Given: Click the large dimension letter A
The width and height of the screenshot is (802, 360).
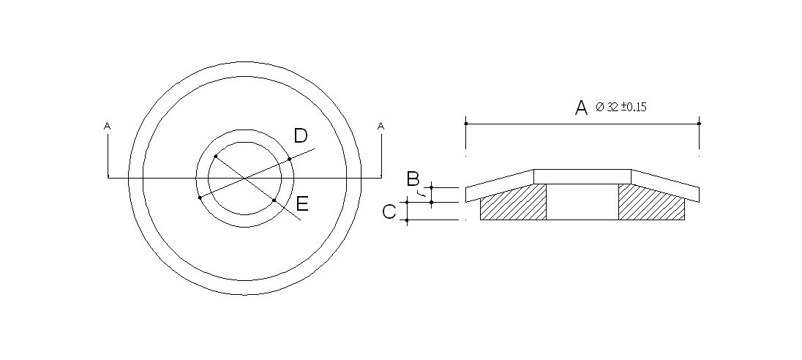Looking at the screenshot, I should [581, 108].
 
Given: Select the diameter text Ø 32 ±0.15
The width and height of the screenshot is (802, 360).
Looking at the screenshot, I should [621, 107].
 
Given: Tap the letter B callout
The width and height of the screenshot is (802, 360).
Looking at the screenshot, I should [413, 178].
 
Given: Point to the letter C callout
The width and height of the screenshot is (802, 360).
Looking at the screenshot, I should [390, 211].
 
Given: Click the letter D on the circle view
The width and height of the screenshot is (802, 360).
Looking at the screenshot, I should [300, 135].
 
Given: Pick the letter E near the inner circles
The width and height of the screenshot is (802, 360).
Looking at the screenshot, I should [302, 204].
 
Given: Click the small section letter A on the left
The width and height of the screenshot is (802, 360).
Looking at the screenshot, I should [108, 127].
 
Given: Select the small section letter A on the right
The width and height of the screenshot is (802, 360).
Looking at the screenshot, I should [381, 127].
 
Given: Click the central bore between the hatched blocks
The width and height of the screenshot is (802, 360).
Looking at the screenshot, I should [582, 201].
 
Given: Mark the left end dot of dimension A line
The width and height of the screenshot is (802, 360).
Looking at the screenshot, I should [466, 124].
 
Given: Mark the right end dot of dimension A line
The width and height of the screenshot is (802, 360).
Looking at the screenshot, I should [700, 124].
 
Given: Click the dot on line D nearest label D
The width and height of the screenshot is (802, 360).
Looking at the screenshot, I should [290, 159].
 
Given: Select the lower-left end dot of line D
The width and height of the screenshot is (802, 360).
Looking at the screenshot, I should [200, 198].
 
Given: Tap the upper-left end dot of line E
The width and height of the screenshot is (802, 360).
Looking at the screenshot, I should [215, 157].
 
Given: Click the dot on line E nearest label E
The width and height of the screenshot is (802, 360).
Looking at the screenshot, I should [274, 200].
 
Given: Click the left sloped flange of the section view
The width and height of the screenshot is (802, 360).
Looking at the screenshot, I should [500, 183].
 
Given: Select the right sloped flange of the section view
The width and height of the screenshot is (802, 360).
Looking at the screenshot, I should [666, 183].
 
